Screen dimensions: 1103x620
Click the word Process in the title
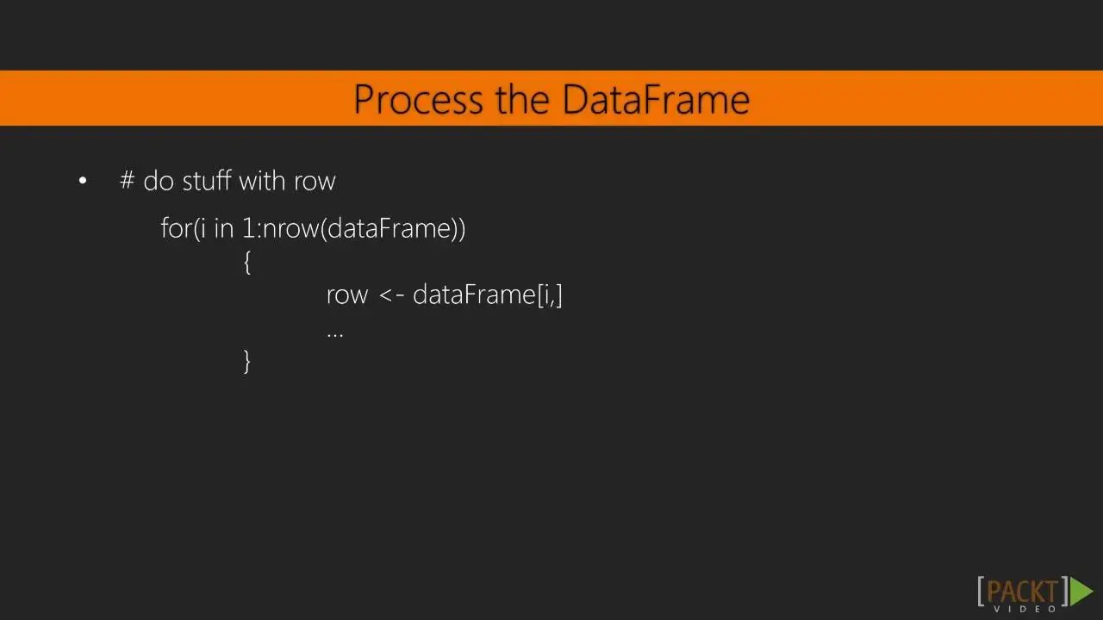coord(418,99)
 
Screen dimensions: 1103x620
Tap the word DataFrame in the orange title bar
coord(656,99)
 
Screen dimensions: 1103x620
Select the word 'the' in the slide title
coord(522,99)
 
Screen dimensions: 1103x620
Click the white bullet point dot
coord(83,181)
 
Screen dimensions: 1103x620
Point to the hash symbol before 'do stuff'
coord(127,180)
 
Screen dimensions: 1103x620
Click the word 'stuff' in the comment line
coord(207,180)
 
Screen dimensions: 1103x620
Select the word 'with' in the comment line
coord(262,180)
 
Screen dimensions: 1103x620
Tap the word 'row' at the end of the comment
coord(315,182)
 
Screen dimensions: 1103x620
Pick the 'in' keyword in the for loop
coord(223,228)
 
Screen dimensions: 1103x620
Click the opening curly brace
coord(247,263)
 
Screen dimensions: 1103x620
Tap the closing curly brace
coord(247,362)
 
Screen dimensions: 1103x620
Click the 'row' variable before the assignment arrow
coord(347,296)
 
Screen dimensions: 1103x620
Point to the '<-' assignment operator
coord(392,295)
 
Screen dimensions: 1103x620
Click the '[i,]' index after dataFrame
coord(550,295)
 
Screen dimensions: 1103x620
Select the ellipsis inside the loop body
coord(335,336)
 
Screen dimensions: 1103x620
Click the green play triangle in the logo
coord(1081,592)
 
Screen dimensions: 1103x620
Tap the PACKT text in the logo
coord(1022,592)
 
